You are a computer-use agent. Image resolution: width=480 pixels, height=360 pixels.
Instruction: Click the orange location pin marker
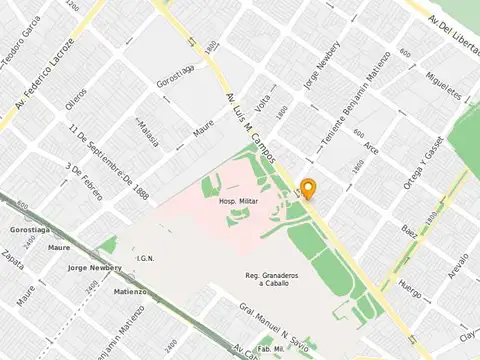click(x=310, y=189)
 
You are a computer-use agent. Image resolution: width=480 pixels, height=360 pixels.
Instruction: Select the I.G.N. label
click(x=145, y=259)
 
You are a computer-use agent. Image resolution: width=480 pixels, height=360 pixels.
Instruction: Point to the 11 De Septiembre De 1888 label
click(x=109, y=160)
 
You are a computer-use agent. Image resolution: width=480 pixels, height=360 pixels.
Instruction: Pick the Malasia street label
click(x=147, y=132)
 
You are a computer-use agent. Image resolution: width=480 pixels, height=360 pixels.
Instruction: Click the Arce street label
click(x=371, y=149)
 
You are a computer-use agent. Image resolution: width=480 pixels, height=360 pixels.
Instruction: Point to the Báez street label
click(x=409, y=231)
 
